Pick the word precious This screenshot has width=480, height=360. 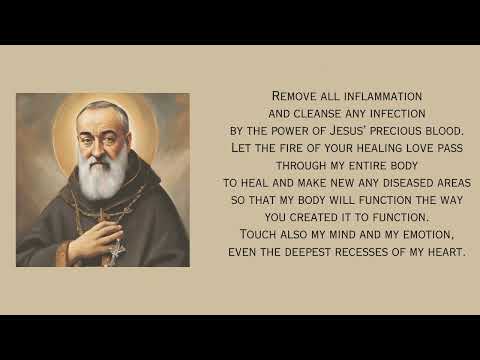(x=411, y=131)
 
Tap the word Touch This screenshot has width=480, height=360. (x=263, y=234)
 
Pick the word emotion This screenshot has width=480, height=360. (x=427, y=234)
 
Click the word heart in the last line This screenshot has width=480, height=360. (x=447, y=251)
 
